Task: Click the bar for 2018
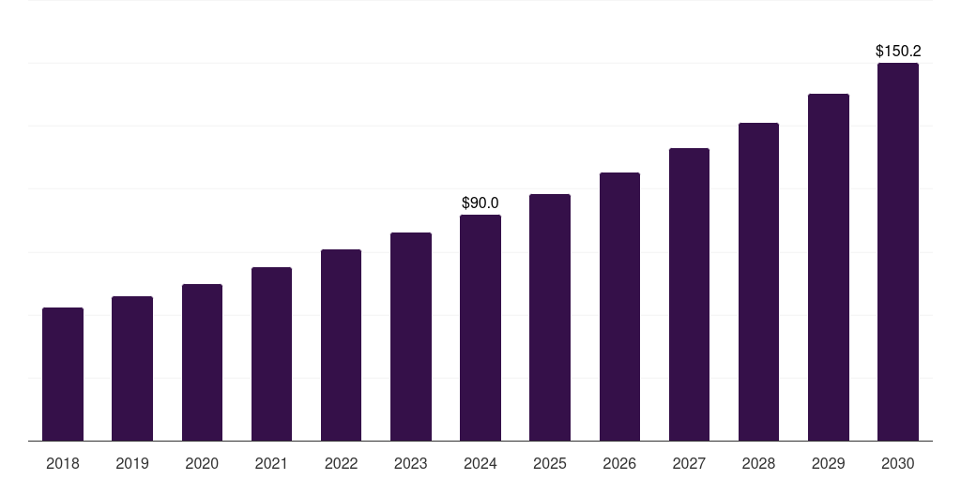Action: pyautogui.click(x=63, y=374)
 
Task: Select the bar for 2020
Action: pyautogui.click(x=202, y=362)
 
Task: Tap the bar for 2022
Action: pyautogui.click(x=341, y=345)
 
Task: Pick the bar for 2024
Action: pyautogui.click(x=480, y=327)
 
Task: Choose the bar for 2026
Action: pyautogui.click(x=619, y=307)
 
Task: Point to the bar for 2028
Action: pyautogui.click(x=758, y=281)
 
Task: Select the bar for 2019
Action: pyautogui.click(x=132, y=368)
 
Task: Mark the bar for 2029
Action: pyautogui.click(x=828, y=267)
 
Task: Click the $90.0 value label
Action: pyautogui.click(x=480, y=202)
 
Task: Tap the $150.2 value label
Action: pyautogui.click(x=897, y=51)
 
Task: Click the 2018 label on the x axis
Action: pyautogui.click(x=63, y=463)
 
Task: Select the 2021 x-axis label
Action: pyautogui.click(x=271, y=463)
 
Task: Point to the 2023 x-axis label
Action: pyautogui.click(x=410, y=463)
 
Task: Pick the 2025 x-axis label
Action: pyautogui.click(x=550, y=463)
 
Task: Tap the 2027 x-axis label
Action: pyautogui.click(x=689, y=463)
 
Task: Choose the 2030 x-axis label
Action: pyautogui.click(x=897, y=463)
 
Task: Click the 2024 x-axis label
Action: pyautogui.click(x=480, y=463)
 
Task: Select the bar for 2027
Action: pyautogui.click(x=689, y=294)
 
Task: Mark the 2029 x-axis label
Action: pyautogui.click(x=828, y=463)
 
